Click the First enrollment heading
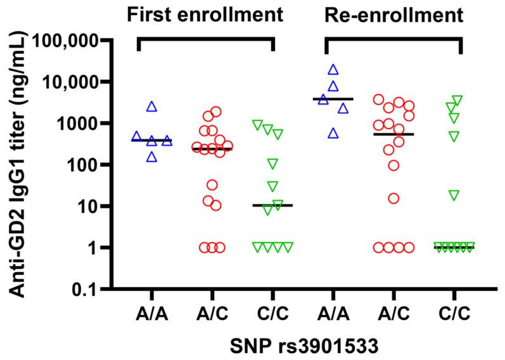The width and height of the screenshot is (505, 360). point(204,14)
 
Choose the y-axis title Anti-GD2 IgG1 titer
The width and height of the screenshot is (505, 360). point(19,165)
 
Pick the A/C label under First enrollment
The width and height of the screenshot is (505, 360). point(212,313)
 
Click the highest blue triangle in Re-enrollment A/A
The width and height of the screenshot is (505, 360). point(333,70)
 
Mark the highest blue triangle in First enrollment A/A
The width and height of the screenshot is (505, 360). point(152,106)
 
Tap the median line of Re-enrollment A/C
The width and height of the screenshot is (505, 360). point(394,134)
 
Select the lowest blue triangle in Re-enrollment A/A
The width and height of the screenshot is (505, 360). point(333,132)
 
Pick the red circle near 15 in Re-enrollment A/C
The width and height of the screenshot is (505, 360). point(393,198)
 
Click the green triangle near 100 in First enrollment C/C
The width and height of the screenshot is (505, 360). point(272,164)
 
